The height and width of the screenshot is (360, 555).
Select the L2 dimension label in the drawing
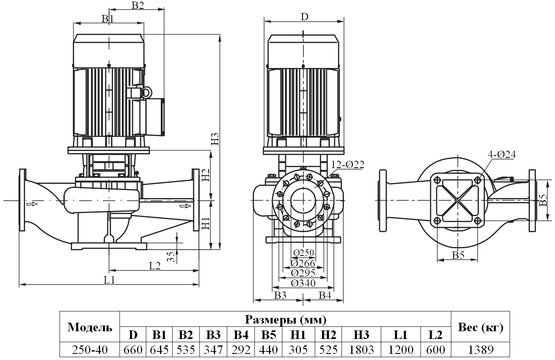coord(155,266)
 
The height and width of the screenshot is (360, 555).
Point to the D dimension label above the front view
coord(304,17)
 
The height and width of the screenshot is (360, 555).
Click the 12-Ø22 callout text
coord(348,164)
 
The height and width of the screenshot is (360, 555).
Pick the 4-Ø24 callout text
coord(502,154)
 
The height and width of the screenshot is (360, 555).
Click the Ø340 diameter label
coord(303,283)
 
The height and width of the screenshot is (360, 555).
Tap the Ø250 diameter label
coord(303,253)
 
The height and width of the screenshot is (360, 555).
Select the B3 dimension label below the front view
coord(280,296)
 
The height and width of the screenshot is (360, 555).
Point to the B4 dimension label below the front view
coord(325,296)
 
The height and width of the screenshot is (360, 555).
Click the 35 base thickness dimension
coord(171,256)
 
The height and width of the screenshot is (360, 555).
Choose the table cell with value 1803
coord(361,349)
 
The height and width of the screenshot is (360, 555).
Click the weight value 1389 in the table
coord(480,349)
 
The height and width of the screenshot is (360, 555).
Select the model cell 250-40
coord(90,349)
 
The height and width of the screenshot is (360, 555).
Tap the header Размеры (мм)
coord(285,320)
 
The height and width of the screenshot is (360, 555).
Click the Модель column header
coord(90,327)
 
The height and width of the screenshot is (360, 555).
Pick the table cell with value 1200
coord(400,349)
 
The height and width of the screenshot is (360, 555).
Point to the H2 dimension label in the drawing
coord(205,175)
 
